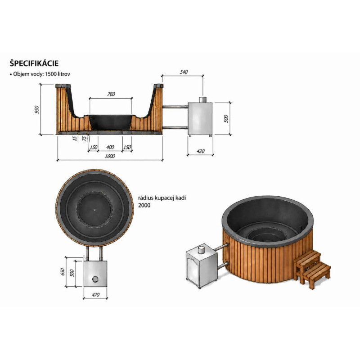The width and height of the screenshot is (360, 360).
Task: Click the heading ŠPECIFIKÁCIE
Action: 34,63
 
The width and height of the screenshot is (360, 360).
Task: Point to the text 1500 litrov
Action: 58,74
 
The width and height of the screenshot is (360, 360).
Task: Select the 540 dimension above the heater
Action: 184,72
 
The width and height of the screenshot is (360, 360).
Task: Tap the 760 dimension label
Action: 111,94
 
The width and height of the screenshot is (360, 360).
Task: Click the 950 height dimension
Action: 37,109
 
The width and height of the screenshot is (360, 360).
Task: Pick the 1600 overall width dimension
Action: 110,156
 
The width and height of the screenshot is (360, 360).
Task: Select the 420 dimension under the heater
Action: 201,151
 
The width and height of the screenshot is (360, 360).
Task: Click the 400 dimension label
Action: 110,147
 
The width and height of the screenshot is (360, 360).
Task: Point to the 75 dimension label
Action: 85,139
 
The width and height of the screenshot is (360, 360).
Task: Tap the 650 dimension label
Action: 63,272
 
